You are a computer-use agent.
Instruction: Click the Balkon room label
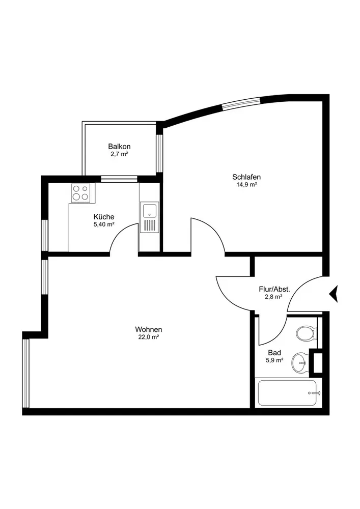coord(119,146)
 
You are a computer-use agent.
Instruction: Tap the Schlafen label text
coord(243,177)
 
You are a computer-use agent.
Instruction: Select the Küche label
coord(104,216)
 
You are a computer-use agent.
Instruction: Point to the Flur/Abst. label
coord(274,289)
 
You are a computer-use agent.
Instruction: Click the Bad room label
coord(274,352)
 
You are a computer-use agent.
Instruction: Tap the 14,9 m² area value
coord(243,185)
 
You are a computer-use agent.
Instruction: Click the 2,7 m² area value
coord(119,154)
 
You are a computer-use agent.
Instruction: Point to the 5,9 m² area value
coord(274,360)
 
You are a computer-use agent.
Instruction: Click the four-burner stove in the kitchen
coord(80,193)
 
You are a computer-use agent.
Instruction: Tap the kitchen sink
coord(149,217)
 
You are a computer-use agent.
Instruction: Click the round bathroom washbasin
coord(300,362)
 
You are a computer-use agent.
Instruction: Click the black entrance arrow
coord(335,294)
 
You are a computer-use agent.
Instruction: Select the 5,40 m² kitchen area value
coord(104,224)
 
